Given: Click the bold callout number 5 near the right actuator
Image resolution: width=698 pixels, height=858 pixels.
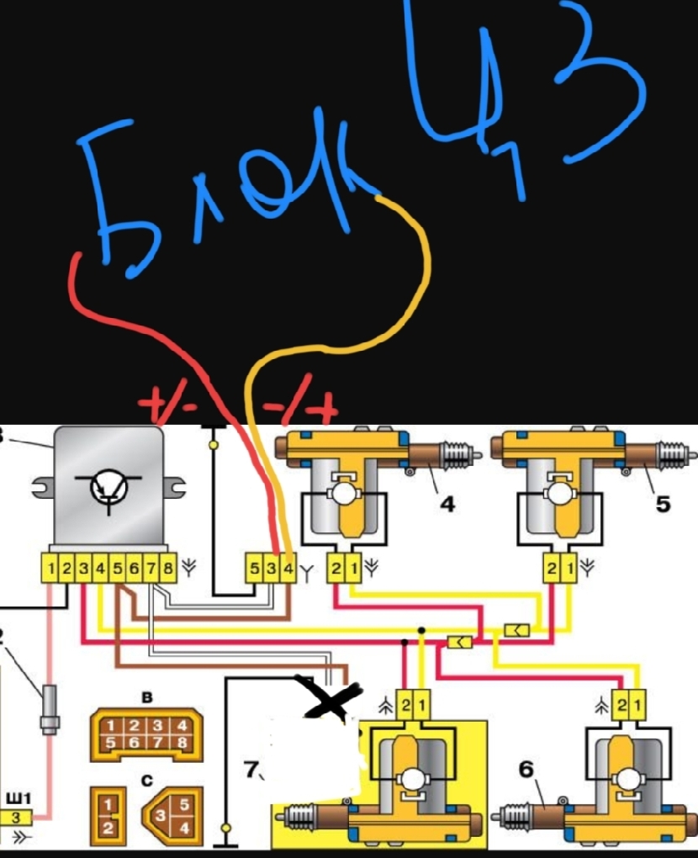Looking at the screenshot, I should tap(663, 504).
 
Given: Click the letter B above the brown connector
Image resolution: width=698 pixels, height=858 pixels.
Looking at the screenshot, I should tap(148, 697).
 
